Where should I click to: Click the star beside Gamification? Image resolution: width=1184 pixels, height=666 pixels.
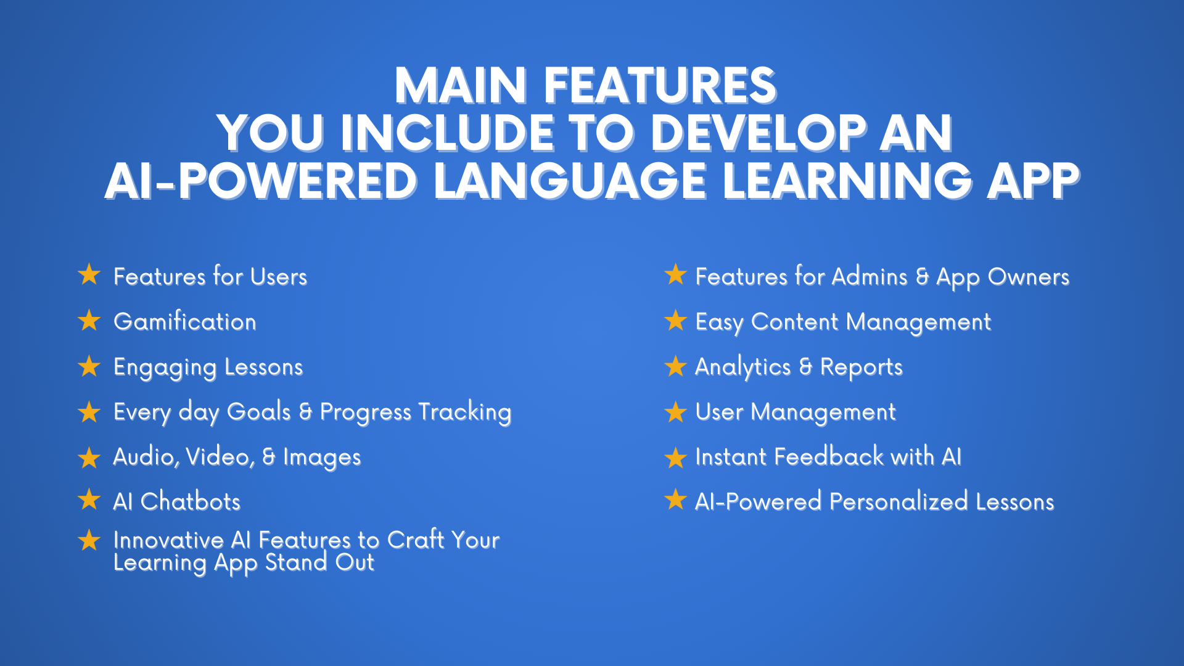[x=89, y=321]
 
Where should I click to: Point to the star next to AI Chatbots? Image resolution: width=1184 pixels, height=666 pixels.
[x=89, y=500]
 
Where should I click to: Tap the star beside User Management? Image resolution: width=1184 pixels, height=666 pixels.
[x=676, y=412]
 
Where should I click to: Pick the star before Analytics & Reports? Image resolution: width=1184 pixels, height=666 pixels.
[x=676, y=366]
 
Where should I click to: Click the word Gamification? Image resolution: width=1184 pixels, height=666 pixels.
[x=185, y=322]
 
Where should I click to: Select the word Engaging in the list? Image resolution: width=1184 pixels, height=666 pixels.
[x=165, y=368]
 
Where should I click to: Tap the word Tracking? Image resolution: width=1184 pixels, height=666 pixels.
[x=465, y=413]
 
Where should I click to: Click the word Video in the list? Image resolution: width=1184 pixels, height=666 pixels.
[x=219, y=457]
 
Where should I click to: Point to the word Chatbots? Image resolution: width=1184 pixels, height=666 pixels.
[x=191, y=502]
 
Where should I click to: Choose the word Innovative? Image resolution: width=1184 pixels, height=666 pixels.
[x=168, y=540]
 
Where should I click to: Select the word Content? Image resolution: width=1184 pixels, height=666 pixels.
[x=794, y=322]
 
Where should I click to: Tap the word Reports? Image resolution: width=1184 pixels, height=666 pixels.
[x=861, y=368]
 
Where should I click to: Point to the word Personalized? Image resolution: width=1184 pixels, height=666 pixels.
[x=898, y=502]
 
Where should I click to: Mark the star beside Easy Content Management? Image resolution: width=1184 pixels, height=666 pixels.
[x=676, y=321]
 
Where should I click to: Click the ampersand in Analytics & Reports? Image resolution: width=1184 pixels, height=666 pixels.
[x=805, y=367]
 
